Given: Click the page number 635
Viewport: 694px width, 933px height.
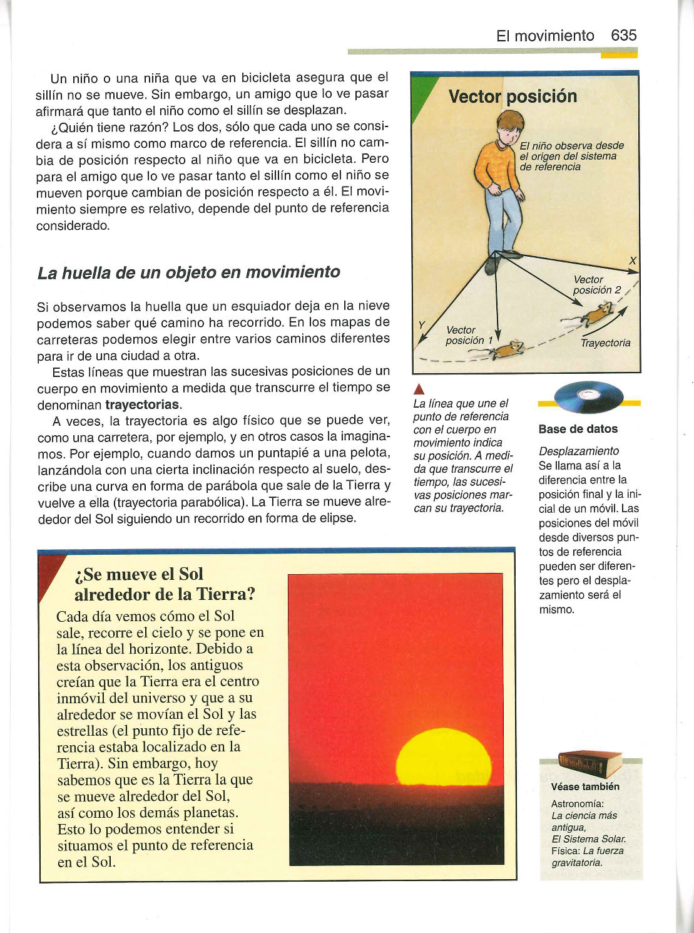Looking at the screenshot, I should point(623,36).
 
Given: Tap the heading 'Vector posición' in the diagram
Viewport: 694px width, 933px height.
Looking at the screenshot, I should point(513,96).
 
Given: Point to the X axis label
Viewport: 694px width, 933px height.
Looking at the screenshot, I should point(633,261).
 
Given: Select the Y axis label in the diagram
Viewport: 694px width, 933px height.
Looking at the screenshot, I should point(422,324).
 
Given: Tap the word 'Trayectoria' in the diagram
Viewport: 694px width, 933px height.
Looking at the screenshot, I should point(605,343).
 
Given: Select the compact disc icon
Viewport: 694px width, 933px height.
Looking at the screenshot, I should point(589,396).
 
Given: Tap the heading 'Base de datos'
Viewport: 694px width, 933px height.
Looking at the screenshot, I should point(578,429).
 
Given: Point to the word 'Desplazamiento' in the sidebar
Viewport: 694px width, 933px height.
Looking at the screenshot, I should point(579,451).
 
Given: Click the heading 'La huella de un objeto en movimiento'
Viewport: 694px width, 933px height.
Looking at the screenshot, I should point(188,273).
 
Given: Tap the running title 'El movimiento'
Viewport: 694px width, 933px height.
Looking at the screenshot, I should point(544,36).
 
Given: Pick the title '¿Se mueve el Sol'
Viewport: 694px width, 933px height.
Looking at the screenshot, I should point(138,574).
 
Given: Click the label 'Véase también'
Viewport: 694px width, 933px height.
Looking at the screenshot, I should point(584,786).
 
